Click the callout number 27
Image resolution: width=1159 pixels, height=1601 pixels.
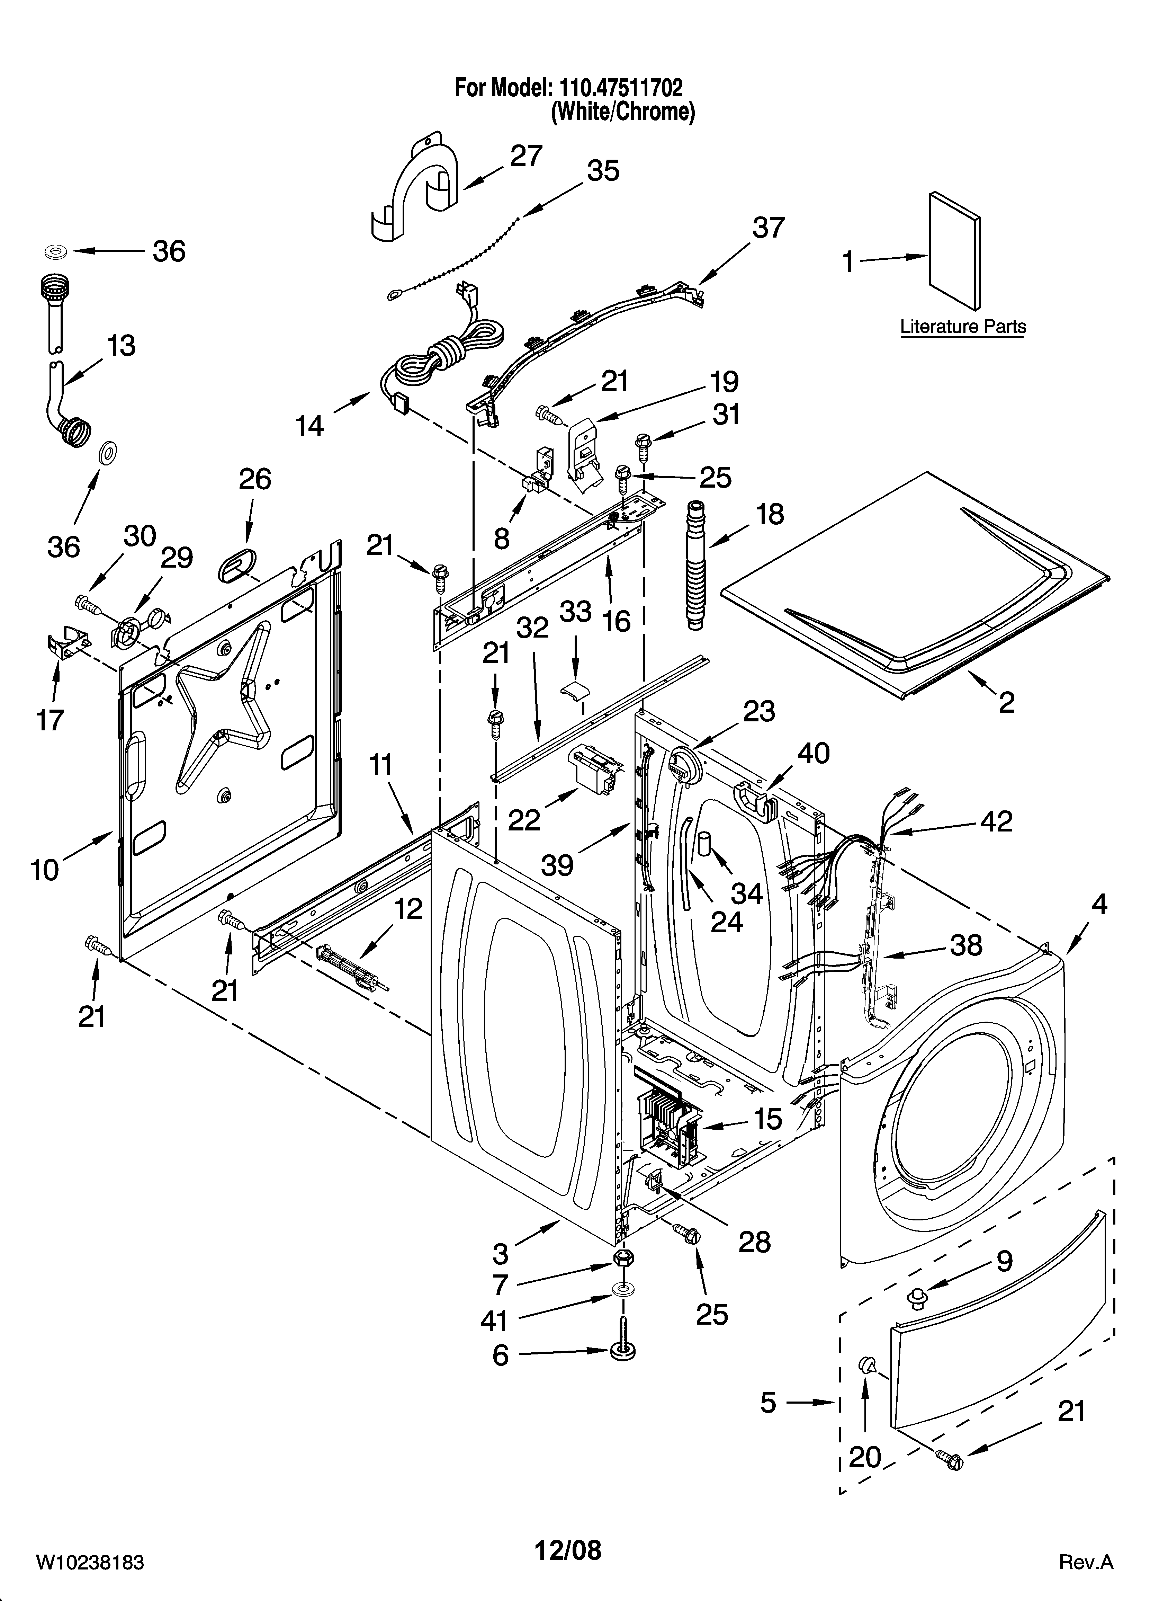[x=526, y=156]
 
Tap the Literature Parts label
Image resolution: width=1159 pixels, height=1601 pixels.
[x=963, y=327]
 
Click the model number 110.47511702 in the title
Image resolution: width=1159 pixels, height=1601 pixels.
[x=621, y=88]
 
